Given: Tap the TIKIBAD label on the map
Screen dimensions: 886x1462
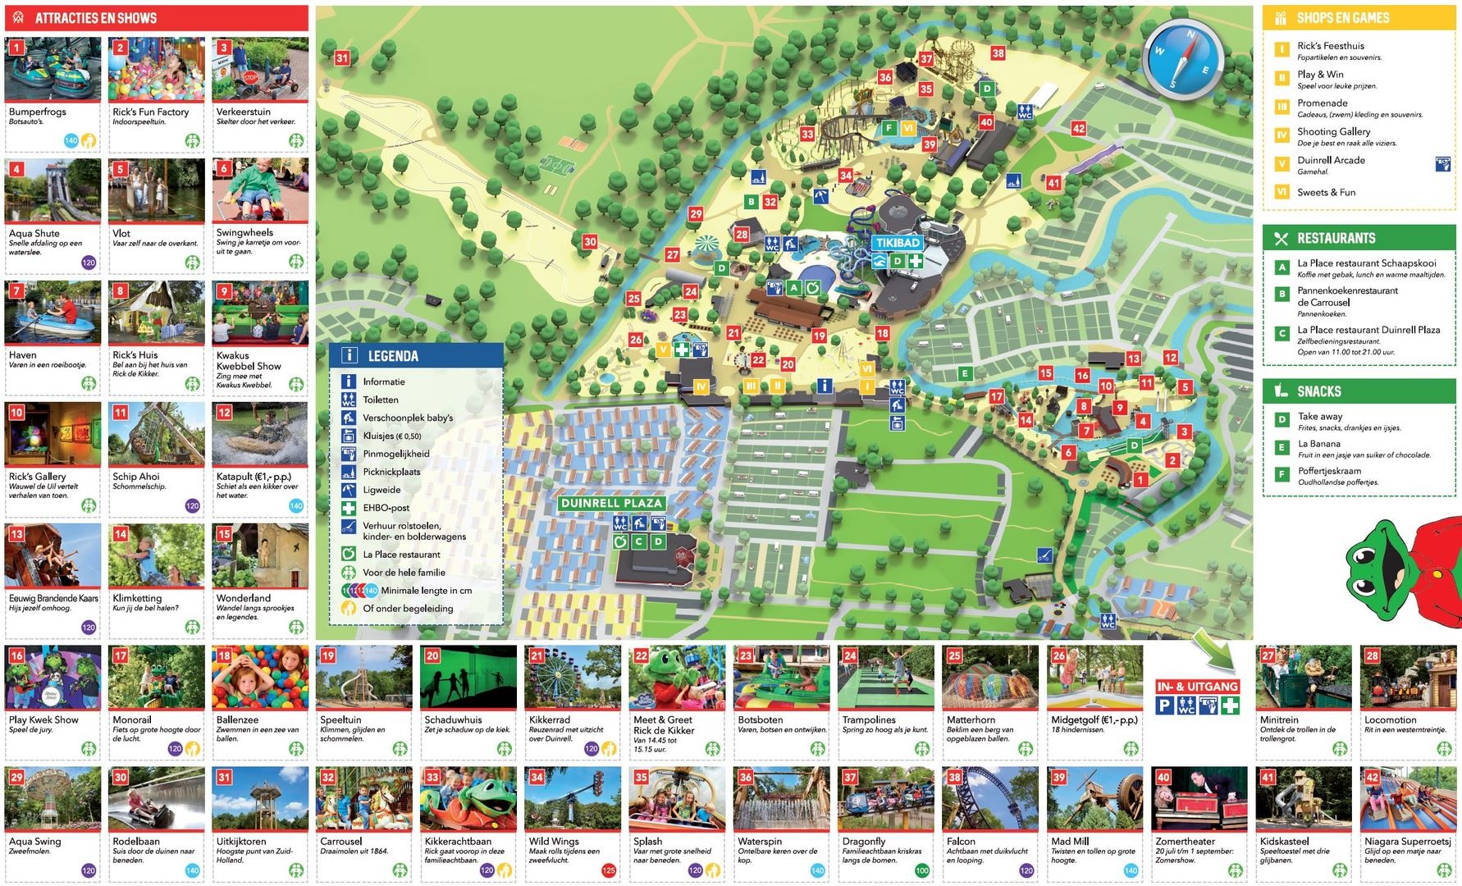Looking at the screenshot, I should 898,243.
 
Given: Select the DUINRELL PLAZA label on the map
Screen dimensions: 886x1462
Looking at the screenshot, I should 611,503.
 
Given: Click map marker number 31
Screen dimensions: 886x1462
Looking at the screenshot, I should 342,58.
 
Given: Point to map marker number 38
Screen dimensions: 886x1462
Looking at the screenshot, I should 998,53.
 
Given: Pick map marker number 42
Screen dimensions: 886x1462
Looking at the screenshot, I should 1078,129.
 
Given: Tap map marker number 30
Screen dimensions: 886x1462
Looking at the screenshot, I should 590,242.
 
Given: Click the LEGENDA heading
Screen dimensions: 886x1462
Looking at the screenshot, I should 393,356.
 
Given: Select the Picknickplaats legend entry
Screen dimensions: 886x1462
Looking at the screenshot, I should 391,472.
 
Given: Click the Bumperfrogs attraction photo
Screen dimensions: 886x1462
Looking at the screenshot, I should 53,70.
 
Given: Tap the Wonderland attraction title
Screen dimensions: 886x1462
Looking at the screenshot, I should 243,598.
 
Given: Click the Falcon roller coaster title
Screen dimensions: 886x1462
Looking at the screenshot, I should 961,841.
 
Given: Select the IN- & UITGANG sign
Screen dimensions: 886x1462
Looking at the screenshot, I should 1197,687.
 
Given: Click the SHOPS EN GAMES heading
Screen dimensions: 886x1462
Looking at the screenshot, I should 1342,18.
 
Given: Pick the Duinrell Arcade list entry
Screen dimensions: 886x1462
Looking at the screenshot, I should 1331,161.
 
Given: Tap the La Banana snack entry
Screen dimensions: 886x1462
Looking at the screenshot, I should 1318,444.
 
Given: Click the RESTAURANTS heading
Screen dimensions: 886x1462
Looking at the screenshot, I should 1336,239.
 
